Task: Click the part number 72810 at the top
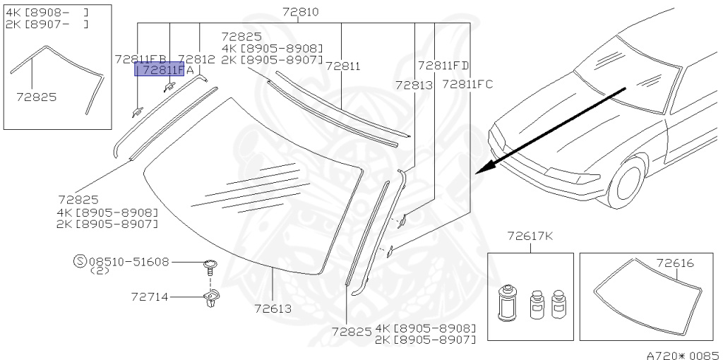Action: tap(300, 11)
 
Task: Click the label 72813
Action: tap(414, 85)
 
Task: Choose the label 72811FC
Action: tap(467, 84)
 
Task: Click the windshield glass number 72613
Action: tap(273, 308)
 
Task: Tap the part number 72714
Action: tap(150, 297)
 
